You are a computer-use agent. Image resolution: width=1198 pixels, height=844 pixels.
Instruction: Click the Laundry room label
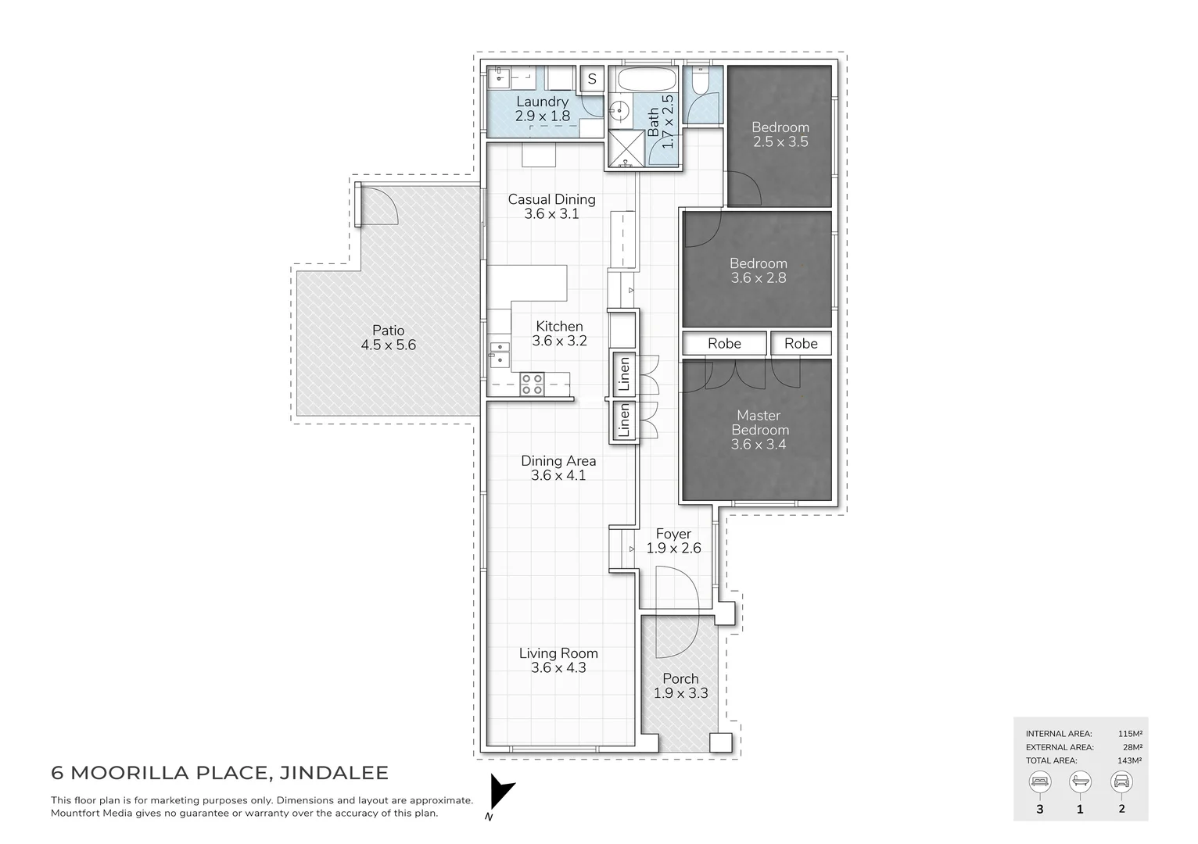point(542,102)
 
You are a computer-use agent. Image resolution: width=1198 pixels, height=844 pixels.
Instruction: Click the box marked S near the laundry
point(592,79)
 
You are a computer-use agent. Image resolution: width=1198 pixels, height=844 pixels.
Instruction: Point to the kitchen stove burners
point(533,384)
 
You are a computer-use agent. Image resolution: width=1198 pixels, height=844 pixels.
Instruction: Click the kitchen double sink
point(499,354)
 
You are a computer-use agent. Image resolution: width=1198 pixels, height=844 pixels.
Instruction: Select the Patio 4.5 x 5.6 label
point(388,338)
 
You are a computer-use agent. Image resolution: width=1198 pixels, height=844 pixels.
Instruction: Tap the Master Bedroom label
point(759,423)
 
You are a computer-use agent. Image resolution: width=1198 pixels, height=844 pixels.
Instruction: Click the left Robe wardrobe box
point(724,343)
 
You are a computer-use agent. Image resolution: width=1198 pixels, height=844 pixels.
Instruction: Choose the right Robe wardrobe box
point(801,343)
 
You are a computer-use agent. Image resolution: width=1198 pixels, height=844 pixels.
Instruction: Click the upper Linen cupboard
point(623,374)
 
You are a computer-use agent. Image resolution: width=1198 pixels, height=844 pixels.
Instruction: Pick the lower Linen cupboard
point(623,420)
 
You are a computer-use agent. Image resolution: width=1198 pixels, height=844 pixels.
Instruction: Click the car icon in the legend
point(1121,781)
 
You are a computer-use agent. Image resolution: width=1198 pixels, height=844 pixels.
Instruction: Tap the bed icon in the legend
point(1039,781)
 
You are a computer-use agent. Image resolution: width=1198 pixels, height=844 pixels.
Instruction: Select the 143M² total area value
point(1129,760)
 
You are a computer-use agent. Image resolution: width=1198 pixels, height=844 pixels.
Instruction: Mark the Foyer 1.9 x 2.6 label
point(673,541)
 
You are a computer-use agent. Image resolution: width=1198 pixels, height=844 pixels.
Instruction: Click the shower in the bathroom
point(624,150)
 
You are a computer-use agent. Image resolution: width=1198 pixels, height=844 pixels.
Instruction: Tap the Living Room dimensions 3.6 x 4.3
point(558,667)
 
